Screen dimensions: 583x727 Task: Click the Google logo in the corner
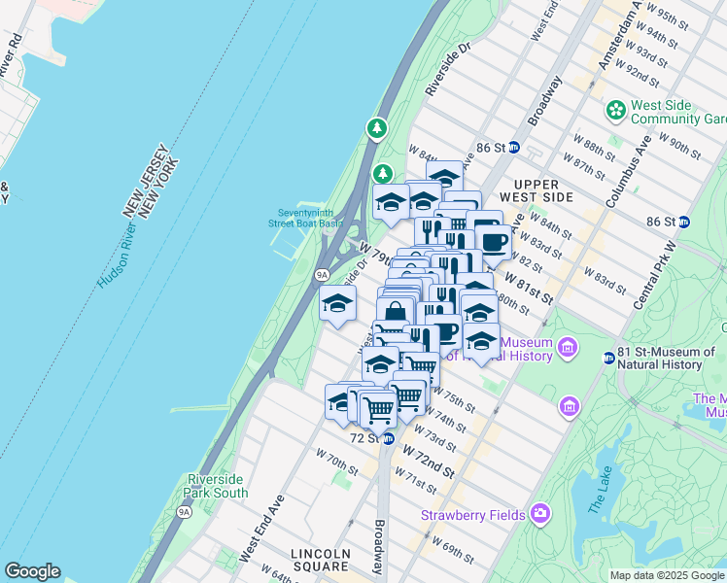[x=32, y=571]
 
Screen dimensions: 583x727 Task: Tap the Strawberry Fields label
[x=472, y=514]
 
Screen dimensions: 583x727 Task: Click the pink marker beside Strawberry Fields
[x=539, y=513]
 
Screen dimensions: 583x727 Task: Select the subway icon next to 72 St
[x=388, y=439]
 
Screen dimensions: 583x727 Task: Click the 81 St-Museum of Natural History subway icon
[x=608, y=358]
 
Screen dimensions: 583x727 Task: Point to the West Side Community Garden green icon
[x=615, y=111]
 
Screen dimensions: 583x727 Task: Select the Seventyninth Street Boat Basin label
[x=305, y=218]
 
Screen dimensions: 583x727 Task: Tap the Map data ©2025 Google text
[x=667, y=575]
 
